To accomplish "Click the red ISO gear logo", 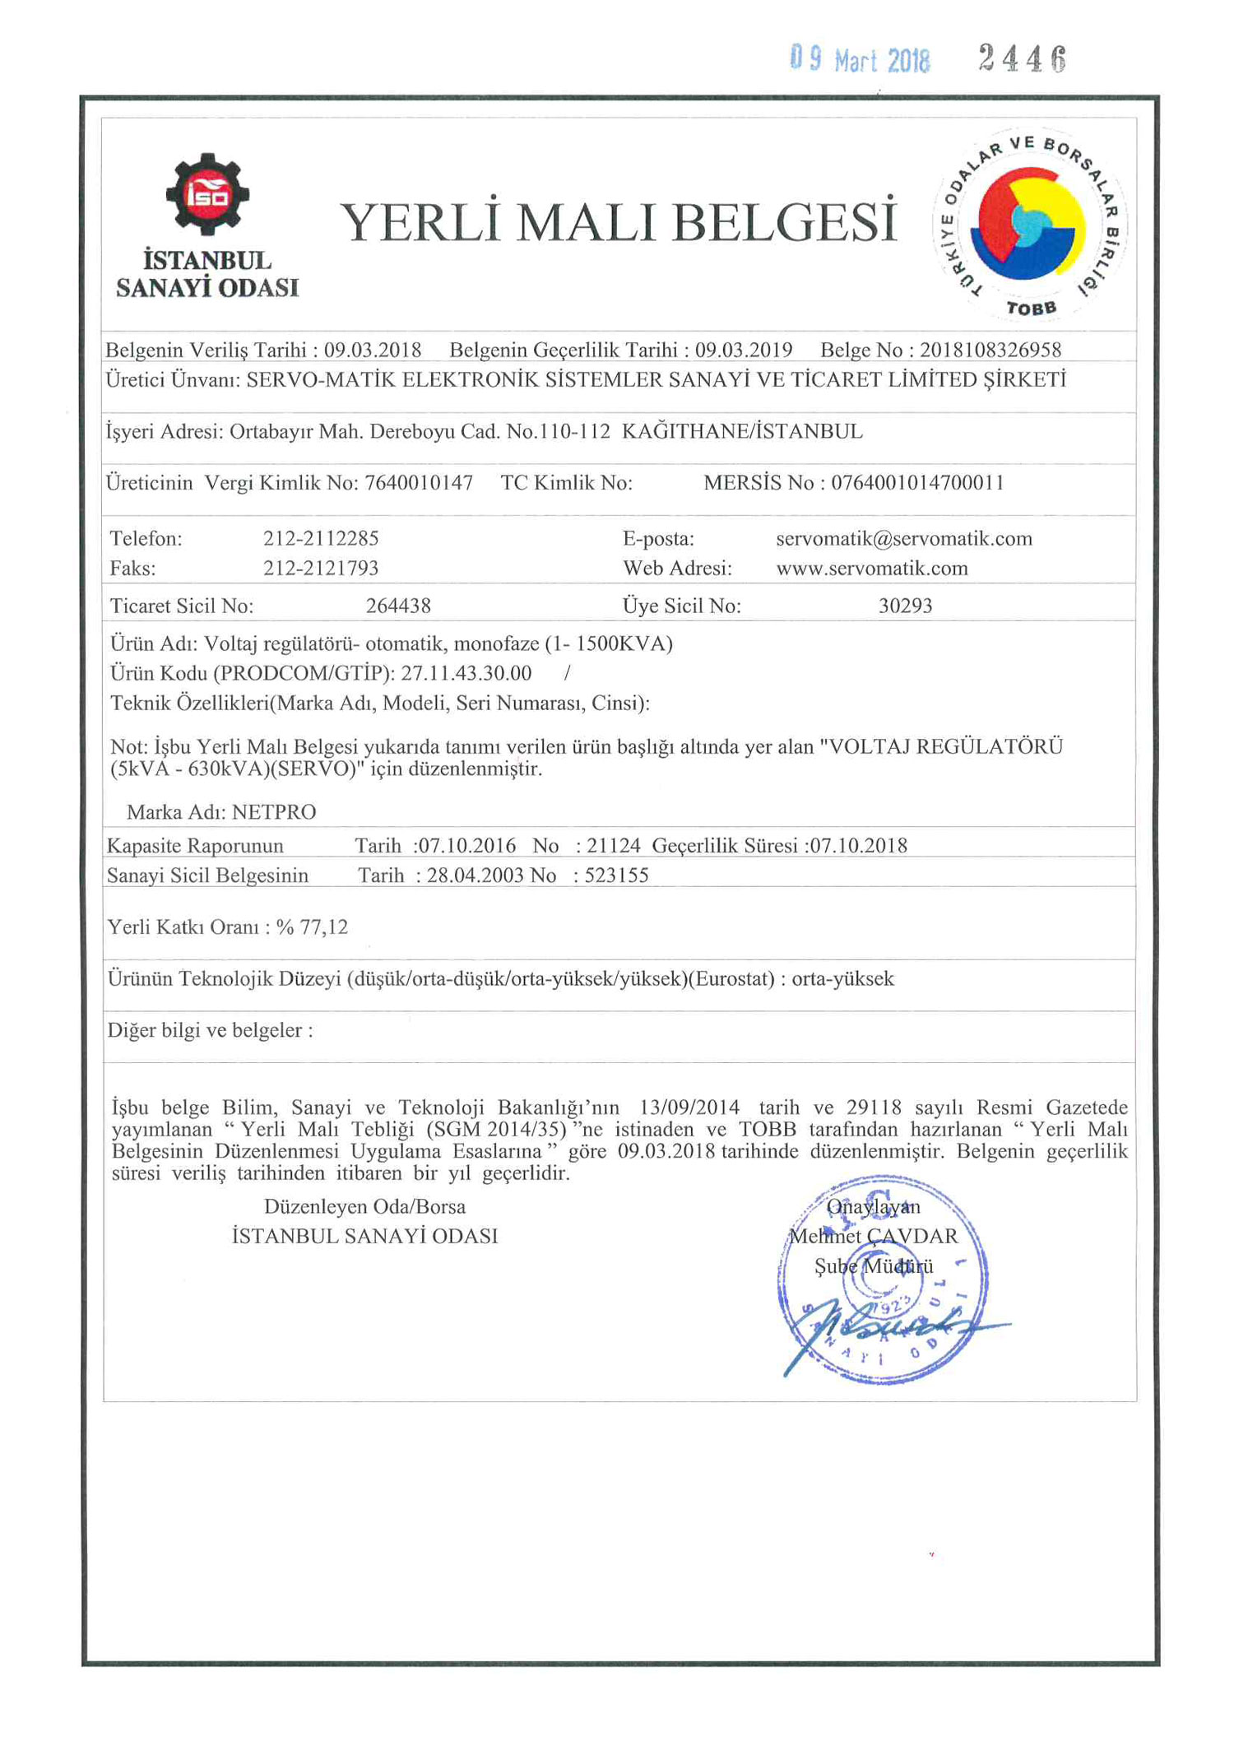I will click(206, 193).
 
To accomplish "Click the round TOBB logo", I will click(1028, 224).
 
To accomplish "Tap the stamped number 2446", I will click(1022, 58).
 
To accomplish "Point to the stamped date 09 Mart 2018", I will click(860, 59).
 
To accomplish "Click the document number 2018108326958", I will click(990, 350).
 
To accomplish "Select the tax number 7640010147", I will click(419, 482).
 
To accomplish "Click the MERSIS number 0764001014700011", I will click(917, 482).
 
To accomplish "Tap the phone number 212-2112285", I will click(321, 538).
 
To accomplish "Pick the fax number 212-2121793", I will click(321, 568).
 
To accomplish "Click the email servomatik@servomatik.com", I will click(903, 538).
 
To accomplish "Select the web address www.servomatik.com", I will click(871, 568).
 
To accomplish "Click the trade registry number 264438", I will click(398, 606).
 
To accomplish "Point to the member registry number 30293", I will click(905, 606).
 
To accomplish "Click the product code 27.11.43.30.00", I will click(466, 673).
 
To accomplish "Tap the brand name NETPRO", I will click(274, 812).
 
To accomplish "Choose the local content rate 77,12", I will click(324, 927).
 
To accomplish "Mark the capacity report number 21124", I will click(613, 845).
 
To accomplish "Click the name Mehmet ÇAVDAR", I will click(873, 1236).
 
